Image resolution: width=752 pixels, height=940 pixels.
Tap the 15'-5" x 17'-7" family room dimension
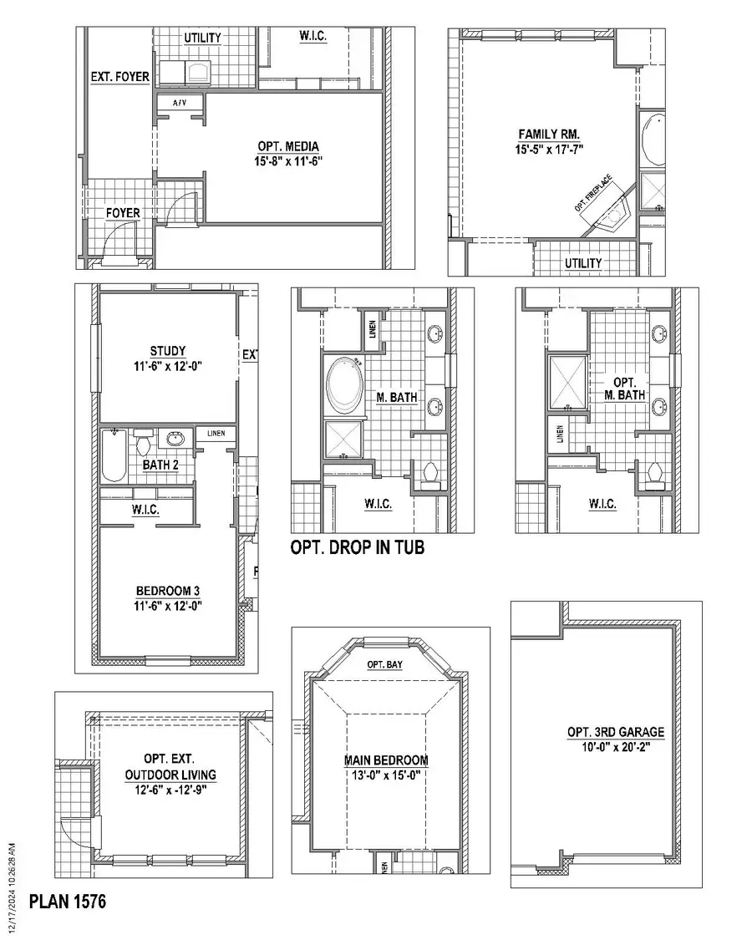(549, 149)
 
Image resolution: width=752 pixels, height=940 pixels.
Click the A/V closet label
(180, 102)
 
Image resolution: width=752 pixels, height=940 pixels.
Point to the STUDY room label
(168, 351)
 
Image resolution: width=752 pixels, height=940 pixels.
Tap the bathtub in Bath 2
(113, 455)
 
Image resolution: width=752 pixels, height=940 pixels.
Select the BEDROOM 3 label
(168, 591)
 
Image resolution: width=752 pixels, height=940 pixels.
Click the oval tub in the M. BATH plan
(343, 386)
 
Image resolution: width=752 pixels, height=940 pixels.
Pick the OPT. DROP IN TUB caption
(357, 548)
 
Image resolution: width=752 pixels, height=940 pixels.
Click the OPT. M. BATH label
(624, 389)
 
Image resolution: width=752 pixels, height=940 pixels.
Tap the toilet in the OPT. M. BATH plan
(655, 473)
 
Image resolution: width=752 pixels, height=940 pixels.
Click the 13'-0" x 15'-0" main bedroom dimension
(386, 775)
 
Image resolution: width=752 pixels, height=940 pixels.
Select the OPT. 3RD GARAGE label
(616, 732)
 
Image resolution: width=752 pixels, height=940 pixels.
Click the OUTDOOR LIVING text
(170, 775)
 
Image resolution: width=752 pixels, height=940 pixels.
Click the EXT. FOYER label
(120, 77)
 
